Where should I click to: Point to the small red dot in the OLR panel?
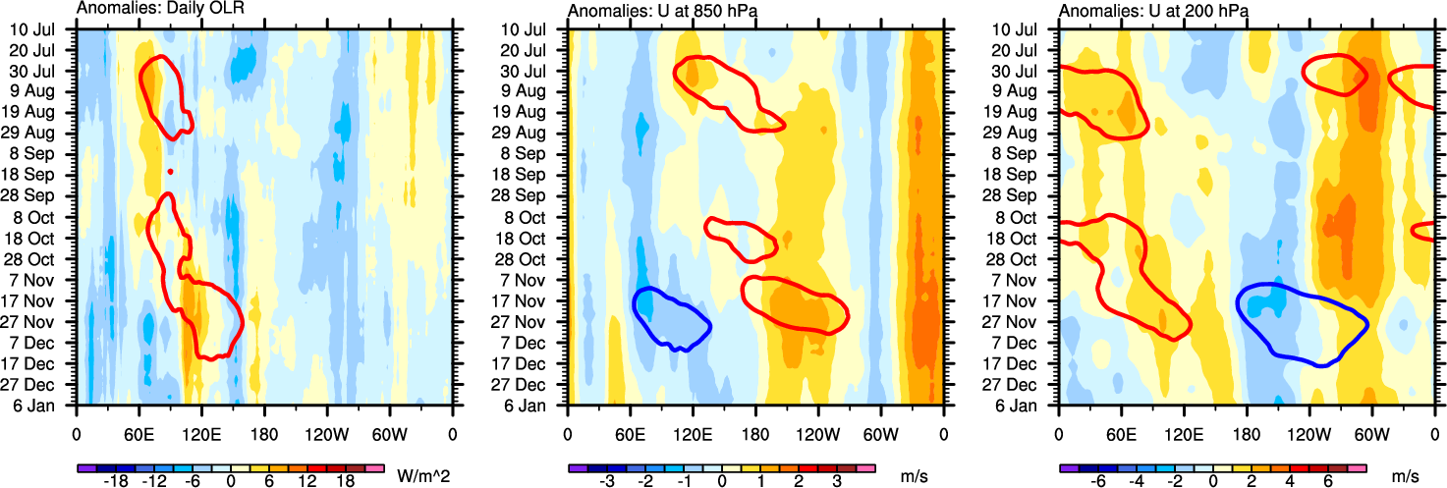point(170,172)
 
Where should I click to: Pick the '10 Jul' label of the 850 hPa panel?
point(530,28)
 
